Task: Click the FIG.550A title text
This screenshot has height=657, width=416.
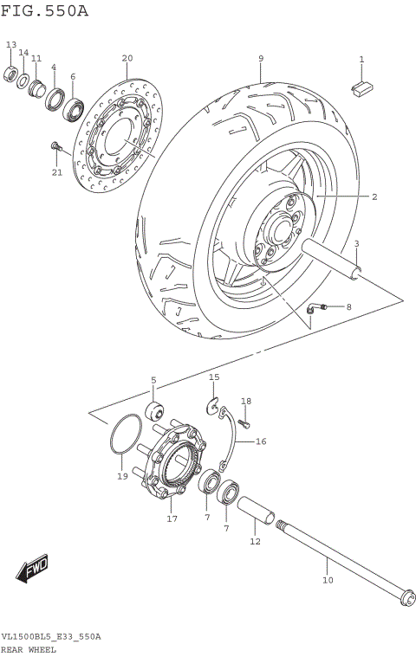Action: point(45,10)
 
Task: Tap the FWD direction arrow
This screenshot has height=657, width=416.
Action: point(33,569)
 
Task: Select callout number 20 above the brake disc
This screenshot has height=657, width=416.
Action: point(127,59)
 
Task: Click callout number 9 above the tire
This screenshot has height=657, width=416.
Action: point(260,59)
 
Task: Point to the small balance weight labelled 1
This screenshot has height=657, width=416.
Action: point(361,85)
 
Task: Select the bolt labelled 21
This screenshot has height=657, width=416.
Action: point(56,148)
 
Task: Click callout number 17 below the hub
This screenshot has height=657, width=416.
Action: point(172,519)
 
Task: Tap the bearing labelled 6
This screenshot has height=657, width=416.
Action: point(72,108)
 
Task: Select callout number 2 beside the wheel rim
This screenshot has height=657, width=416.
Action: point(374,197)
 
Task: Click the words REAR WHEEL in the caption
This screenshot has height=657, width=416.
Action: point(29,649)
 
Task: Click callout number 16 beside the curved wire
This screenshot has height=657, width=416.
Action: point(261,441)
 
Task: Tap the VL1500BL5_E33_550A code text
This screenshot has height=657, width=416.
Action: point(51,636)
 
